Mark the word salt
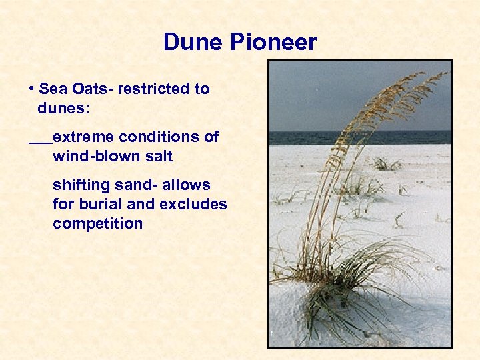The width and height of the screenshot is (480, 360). (x=159, y=156)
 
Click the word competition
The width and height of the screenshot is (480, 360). (x=97, y=223)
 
